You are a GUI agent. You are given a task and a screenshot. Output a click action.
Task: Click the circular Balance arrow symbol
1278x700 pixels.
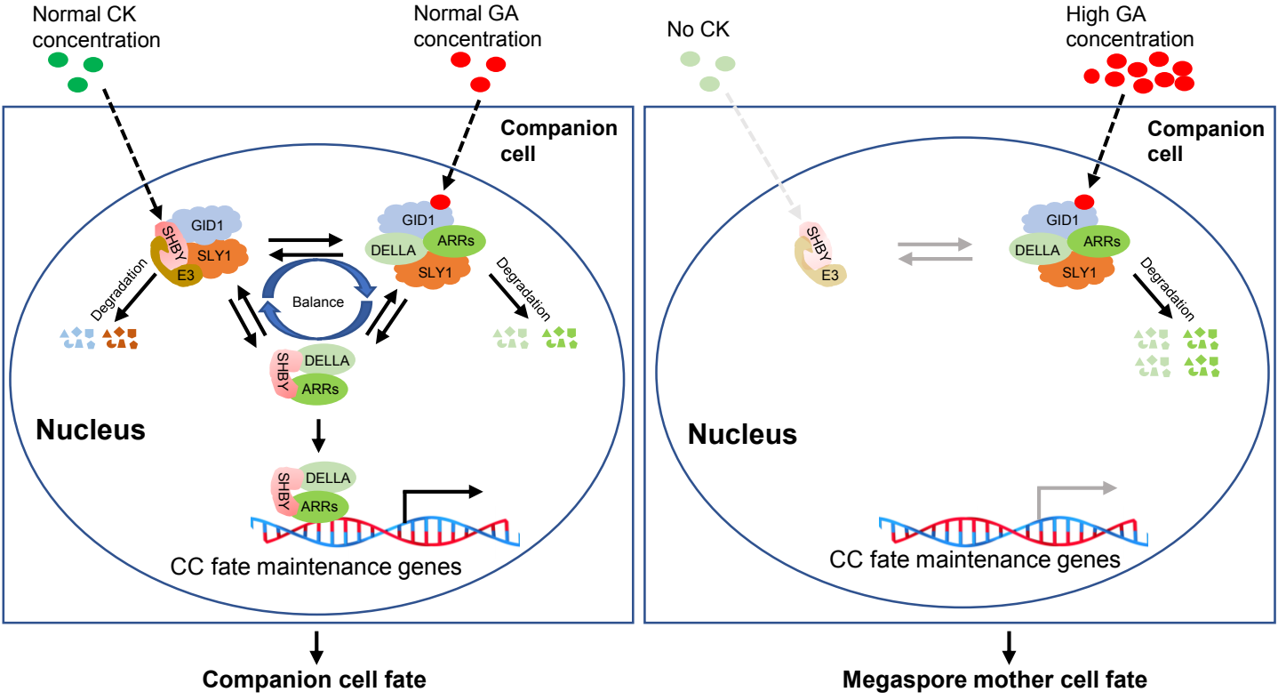[x=318, y=301]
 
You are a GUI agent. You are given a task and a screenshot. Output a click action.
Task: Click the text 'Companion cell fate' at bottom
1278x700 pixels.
[x=315, y=680]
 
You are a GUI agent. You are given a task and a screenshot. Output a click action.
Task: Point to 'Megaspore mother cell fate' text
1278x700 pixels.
[x=1007, y=680]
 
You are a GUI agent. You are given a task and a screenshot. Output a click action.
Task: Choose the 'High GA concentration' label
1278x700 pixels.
[x=1130, y=27]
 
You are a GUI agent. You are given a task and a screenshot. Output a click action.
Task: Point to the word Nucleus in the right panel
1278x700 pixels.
[x=743, y=436]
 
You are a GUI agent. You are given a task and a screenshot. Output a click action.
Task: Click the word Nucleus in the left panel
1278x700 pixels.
[x=91, y=431]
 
